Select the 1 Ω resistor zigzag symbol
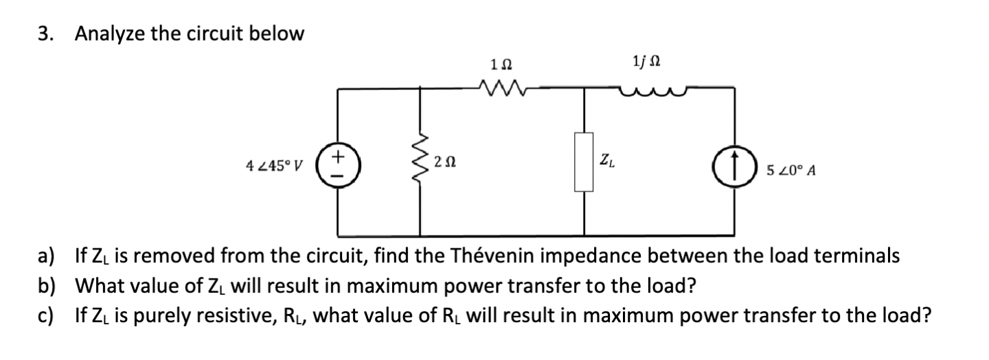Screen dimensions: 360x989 (501, 88)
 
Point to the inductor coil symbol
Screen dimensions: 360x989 (645, 87)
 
